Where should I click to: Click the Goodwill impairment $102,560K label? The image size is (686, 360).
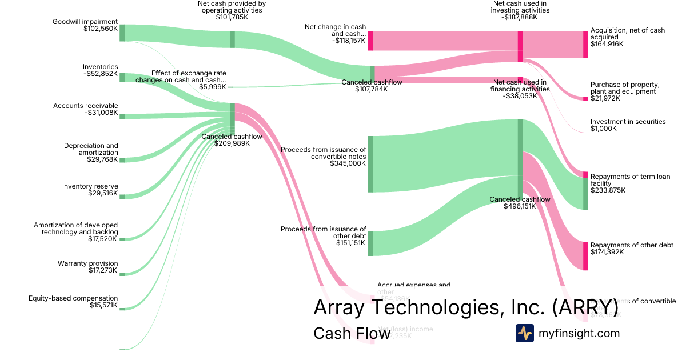click(x=85, y=25)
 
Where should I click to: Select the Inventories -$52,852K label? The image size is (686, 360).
click(x=100, y=70)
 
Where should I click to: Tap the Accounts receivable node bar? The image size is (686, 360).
click(x=122, y=116)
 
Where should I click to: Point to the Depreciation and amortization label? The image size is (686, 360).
click(x=91, y=153)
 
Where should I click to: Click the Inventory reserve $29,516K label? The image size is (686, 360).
click(x=90, y=190)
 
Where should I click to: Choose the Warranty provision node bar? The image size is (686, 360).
click(x=122, y=274)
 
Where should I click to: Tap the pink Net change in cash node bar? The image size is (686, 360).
click(x=370, y=41)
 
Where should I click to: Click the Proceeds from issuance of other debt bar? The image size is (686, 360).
click(x=370, y=243)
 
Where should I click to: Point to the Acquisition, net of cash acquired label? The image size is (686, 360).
click(x=627, y=37)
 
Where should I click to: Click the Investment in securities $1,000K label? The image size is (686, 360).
click(x=628, y=125)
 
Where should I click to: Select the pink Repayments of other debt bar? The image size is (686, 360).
click(x=585, y=255)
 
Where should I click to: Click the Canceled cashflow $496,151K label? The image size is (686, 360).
click(x=520, y=203)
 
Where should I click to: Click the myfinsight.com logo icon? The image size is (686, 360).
click(x=524, y=333)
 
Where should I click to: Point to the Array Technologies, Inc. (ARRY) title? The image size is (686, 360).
click(x=465, y=307)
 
